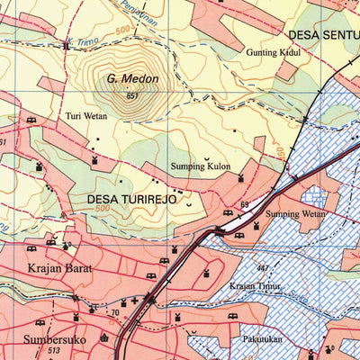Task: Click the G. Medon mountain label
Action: (x=132, y=79)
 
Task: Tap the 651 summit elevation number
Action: (x=133, y=95)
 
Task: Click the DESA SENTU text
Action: (x=322, y=36)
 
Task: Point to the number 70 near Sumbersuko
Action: (x=114, y=312)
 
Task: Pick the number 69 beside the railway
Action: (x=244, y=206)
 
